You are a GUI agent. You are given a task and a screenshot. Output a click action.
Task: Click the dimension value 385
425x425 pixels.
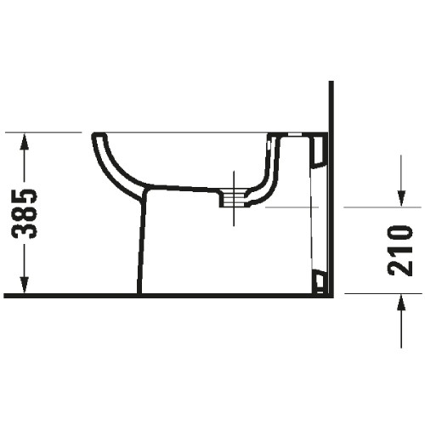coord(27,213)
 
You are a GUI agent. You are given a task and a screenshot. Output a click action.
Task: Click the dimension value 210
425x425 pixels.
coord(399,250)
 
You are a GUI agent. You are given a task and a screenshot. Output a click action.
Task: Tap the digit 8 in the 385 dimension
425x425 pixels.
coord(27,214)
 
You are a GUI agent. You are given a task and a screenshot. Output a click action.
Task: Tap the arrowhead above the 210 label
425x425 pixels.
coord(400,197)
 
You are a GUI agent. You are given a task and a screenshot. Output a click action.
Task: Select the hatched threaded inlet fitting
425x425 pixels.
coord(231,197)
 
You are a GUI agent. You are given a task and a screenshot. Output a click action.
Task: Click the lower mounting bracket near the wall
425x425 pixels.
coord(319,280)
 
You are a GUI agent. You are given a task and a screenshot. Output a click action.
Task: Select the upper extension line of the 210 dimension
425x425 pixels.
coord(382,207)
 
